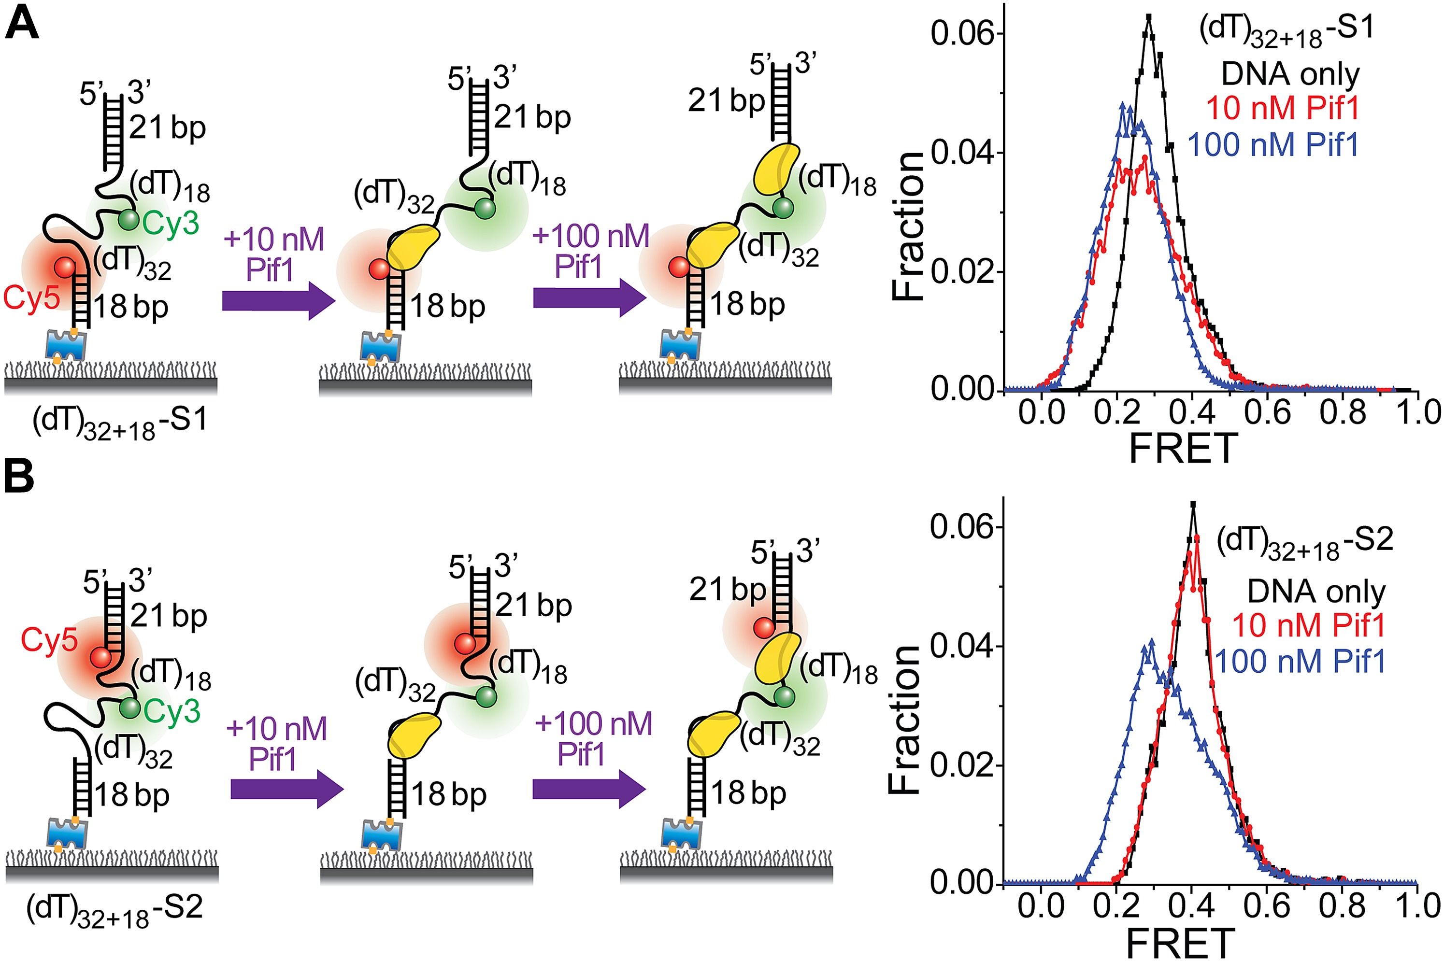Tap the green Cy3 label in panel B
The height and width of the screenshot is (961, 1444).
[172, 711]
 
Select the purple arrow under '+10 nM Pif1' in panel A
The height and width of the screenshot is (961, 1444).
[278, 301]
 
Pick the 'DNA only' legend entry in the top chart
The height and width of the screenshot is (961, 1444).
[1290, 75]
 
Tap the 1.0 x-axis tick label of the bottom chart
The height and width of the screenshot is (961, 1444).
[1417, 906]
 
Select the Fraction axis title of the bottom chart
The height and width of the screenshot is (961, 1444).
[906, 720]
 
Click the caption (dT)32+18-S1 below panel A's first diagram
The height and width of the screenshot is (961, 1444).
[119, 423]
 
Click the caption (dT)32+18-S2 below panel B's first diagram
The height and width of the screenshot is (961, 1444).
[114, 910]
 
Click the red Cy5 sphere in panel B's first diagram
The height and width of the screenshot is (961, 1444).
[100, 658]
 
